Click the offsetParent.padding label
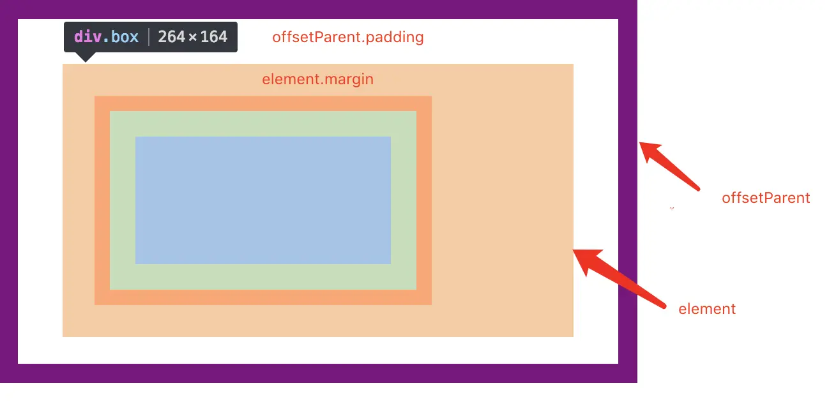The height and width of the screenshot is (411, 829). pyautogui.click(x=348, y=38)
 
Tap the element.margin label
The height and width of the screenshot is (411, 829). pyautogui.click(x=318, y=79)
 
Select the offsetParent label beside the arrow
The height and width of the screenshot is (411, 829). pyautogui.click(x=766, y=198)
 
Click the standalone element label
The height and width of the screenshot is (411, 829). pyautogui.click(x=707, y=309)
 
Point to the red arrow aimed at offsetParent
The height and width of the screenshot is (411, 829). pyautogui.click(x=669, y=166)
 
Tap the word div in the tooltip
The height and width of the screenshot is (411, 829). pyautogui.click(x=87, y=36)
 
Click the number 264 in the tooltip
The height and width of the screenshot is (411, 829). pyautogui.click(x=171, y=36)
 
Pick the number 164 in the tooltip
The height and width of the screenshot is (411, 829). pyautogui.click(x=214, y=36)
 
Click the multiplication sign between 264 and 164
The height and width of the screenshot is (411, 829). pyautogui.click(x=193, y=37)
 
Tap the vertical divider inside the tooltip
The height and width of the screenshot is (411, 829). pyautogui.click(x=149, y=37)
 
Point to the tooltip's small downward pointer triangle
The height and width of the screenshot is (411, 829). pyautogui.click(x=86, y=57)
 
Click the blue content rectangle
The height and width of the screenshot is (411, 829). pyautogui.click(x=263, y=200)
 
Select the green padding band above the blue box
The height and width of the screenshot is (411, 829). pyautogui.click(x=263, y=124)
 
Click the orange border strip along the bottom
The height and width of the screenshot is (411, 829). pyautogui.click(x=263, y=297)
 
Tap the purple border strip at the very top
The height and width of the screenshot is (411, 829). pyautogui.click(x=318, y=9)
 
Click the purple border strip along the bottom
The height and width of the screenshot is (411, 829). pyautogui.click(x=318, y=373)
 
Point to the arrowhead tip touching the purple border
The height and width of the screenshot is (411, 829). pyautogui.click(x=639, y=142)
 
